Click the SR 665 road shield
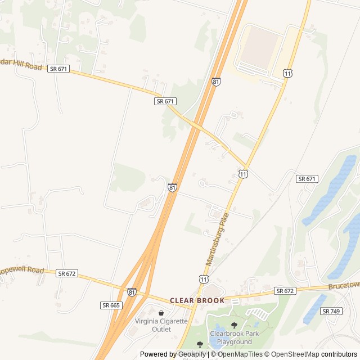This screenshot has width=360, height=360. pyautogui.click(x=111, y=305)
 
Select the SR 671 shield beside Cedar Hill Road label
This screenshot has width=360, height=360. pyautogui.click(x=58, y=68)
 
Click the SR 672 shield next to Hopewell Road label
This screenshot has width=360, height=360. pyautogui.click(x=66, y=273)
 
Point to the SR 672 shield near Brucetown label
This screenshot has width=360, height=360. pyautogui.click(x=285, y=291)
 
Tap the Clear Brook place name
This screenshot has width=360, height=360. pyautogui.click(x=197, y=300)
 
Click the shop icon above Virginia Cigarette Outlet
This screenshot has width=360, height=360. pyautogui.click(x=161, y=313)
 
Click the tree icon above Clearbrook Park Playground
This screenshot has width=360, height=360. pyautogui.click(x=234, y=325)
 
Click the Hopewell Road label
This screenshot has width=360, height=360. pyautogui.click(x=22, y=271)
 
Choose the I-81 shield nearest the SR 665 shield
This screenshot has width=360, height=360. pyautogui.click(x=132, y=292)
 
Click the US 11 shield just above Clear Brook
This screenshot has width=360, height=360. pyautogui.click(x=203, y=279)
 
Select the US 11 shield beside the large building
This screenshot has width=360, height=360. pyautogui.click(x=288, y=74)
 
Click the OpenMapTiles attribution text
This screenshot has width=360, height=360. pyautogui.click(x=237, y=354)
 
